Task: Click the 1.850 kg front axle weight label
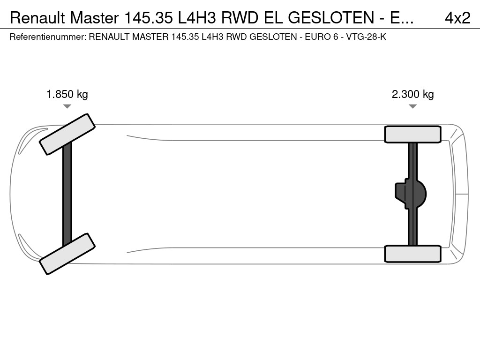tap(67, 94)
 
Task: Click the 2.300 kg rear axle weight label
tap(412, 94)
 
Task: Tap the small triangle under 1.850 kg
tap(67, 106)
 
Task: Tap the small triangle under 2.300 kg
tap(412, 106)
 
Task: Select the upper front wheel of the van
tap(67, 135)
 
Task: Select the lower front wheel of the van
tap(67, 254)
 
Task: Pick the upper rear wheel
tap(412, 135)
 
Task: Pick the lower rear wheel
tap(412, 254)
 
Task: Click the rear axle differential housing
tap(411, 194)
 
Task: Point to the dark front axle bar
tap(67, 194)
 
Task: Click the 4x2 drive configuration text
tap(457, 18)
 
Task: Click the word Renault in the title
tap(37, 18)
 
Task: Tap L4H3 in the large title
tap(197, 18)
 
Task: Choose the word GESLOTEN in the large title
tap(331, 18)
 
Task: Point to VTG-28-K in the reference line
tap(366, 37)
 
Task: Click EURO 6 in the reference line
tap(322, 37)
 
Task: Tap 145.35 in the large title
tap(149, 18)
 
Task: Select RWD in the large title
tap(240, 18)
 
